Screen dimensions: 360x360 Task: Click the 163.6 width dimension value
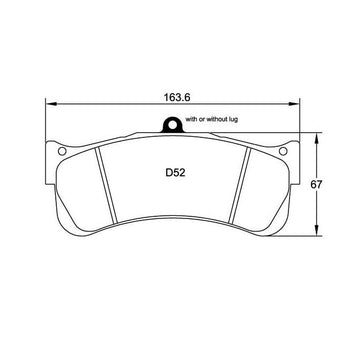coord(177,97)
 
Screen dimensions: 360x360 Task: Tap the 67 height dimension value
coord(316,184)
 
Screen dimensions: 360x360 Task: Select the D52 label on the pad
coord(175,173)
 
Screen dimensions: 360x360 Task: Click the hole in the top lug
coord(172,125)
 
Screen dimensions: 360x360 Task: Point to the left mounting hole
coord(62,151)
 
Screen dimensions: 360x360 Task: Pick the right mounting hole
coord(283,151)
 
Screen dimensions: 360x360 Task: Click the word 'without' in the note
coord(218,119)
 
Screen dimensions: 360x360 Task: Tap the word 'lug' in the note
coord(234,119)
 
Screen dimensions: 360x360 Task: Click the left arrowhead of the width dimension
coord(51,104)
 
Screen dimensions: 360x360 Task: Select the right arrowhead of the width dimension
coord(294,104)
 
